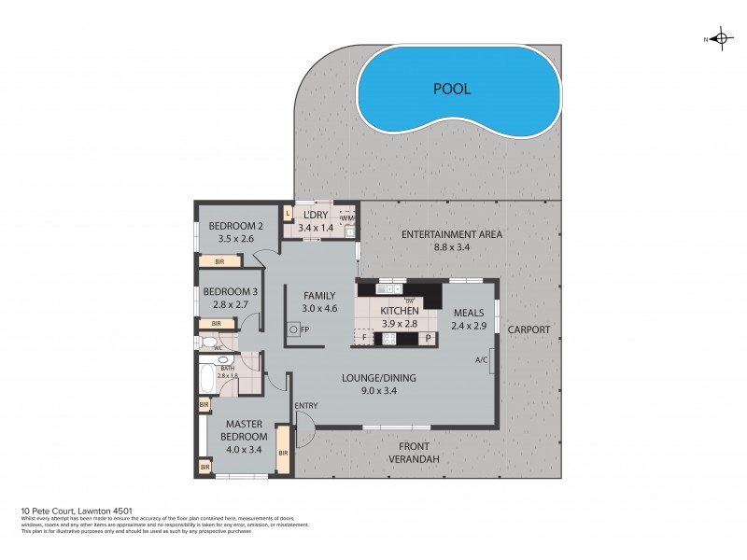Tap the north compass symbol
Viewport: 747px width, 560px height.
click(x=719, y=39)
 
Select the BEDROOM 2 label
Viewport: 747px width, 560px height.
click(x=236, y=226)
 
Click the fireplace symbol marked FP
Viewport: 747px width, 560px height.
click(x=294, y=329)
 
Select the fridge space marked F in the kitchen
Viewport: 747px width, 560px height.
click(x=364, y=339)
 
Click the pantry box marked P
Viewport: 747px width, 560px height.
click(x=428, y=339)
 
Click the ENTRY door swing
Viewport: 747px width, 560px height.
click(x=304, y=429)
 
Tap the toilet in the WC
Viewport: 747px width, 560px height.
click(x=207, y=343)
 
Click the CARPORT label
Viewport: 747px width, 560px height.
click(x=529, y=329)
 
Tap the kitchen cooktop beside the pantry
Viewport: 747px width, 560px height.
click(x=390, y=339)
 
